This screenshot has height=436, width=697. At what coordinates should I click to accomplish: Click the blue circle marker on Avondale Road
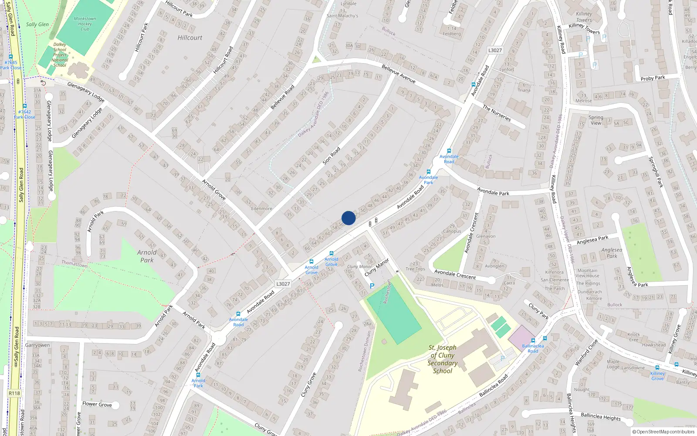pyautogui.click(x=348, y=218)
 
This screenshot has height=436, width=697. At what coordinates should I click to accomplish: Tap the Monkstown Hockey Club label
pyautogui.click(x=85, y=24)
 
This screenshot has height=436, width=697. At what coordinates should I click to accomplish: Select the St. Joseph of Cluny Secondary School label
pyautogui.click(x=443, y=359)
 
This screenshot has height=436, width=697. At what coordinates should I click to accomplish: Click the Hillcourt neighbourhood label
pyautogui.click(x=190, y=38)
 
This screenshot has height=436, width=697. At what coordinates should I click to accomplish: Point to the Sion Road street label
pyautogui.click(x=332, y=156)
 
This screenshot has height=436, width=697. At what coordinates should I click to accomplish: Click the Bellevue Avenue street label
pyautogui.click(x=399, y=74)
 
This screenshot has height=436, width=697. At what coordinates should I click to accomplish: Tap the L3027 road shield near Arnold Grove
pyautogui.click(x=283, y=284)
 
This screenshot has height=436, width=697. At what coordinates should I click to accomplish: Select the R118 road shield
pyautogui.click(x=14, y=393)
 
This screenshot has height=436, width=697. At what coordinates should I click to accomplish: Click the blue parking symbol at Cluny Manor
pyautogui.click(x=372, y=286)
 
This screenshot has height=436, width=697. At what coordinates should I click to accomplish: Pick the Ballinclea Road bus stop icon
pyautogui.click(x=533, y=341)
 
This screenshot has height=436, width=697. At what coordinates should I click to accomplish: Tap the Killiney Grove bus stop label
pyautogui.click(x=658, y=376)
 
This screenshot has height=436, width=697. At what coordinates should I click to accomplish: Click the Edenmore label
pyautogui.click(x=261, y=209)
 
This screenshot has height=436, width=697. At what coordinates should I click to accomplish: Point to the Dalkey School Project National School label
pyautogui.click(x=60, y=55)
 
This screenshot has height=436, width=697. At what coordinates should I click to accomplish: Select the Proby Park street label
pyautogui.click(x=653, y=78)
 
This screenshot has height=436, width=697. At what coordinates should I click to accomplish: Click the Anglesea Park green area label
pyautogui.click(x=612, y=253)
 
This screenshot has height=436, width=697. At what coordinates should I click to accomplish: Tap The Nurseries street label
pyautogui.click(x=497, y=113)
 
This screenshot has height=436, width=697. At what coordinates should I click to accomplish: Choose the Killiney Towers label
pyautogui.click(x=584, y=17)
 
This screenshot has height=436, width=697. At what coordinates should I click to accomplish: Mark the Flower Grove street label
pyautogui.click(x=97, y=404)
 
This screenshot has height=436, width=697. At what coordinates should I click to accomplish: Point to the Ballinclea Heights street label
pyautogui.click(x=601, y=417)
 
